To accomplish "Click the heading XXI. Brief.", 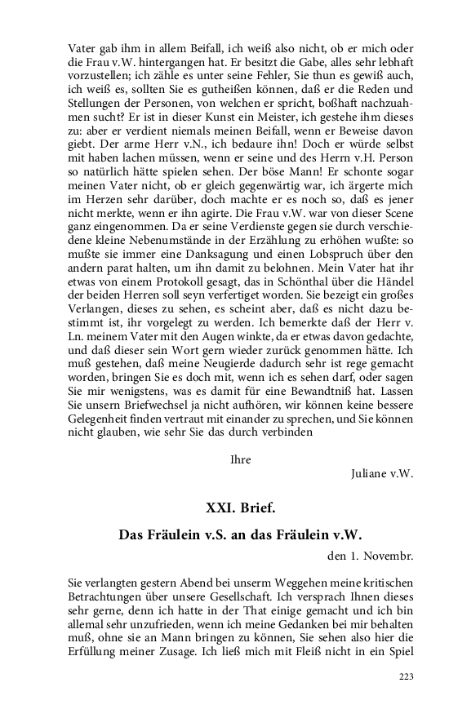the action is pos(241,507).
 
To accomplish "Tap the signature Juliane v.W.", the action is pos(381,473).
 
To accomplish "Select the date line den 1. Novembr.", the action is pos(367,556).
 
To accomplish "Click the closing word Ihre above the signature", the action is pos(241,459).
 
